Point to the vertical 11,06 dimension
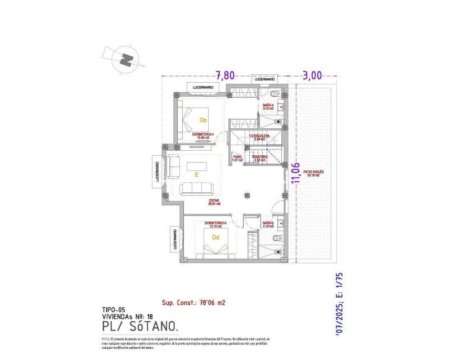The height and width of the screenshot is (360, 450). tap(294, 172)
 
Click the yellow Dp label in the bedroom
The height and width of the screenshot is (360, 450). tap(204, 120)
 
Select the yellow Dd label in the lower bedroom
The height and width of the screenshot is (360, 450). tap(215, 237)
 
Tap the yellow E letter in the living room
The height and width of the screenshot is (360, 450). tap(197, 175)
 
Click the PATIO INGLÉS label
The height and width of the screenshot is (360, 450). tap(314, 173)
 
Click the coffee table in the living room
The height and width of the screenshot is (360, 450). tap(197, 165)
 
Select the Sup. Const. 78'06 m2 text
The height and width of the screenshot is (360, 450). tap(193, 302)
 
